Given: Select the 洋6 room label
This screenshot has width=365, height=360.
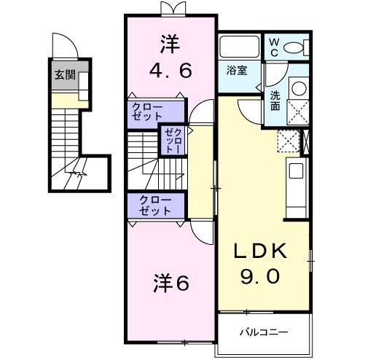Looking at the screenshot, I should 172,282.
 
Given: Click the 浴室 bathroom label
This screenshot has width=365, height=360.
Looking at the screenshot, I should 236,71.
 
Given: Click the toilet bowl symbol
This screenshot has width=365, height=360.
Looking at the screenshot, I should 296,48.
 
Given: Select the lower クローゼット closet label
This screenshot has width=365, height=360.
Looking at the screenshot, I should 155,205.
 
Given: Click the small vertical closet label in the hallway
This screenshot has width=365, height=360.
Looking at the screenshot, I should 169,138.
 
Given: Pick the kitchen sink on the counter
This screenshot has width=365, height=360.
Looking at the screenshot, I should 297,173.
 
